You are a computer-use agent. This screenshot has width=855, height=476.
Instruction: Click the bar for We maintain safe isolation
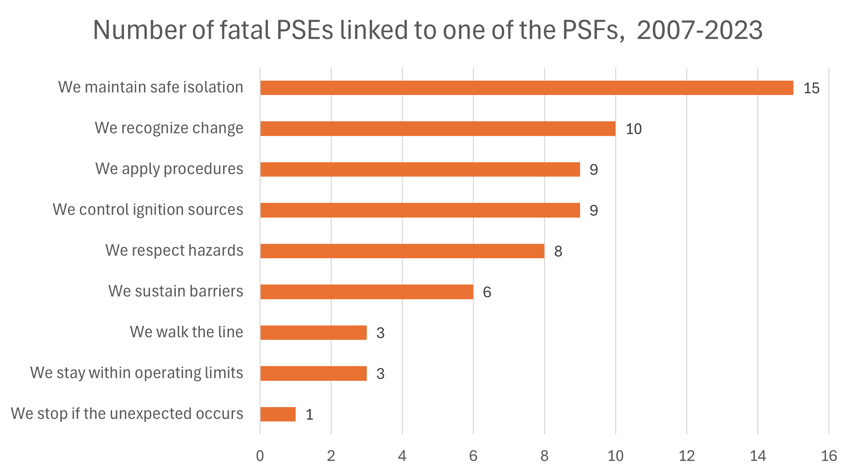coord(526,88)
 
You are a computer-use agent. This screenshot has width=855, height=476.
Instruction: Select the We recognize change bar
coord(437,129)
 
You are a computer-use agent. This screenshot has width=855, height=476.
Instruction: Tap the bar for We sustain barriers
coord(366,292)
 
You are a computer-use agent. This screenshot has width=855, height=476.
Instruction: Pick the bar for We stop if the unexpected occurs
coord(278,414)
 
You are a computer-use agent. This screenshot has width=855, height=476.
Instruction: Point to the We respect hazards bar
coord(402,251)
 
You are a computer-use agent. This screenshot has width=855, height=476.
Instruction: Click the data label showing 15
coord(811,88)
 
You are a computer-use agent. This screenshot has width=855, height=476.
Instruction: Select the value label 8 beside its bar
coord(558,251)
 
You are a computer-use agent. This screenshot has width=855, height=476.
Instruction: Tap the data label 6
coord(487,292)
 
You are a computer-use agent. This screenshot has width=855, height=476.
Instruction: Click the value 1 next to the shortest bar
coord(309,415)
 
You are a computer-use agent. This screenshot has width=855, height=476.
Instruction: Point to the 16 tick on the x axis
coord(829,456)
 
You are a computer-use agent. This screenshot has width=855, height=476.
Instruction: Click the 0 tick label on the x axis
coord(260,456)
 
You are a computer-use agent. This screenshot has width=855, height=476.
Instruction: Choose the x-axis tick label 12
coord(687,456)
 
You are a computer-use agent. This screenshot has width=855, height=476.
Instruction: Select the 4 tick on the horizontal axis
coord(402,456)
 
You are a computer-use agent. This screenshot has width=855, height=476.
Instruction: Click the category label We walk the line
coord(186,332)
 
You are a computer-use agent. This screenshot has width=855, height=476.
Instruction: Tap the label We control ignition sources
coord(148,209)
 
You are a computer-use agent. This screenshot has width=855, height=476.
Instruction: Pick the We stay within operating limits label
coord(137,373)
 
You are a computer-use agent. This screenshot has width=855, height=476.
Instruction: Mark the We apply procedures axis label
coord(169,169)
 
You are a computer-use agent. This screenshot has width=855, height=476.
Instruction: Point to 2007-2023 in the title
coord(699,30)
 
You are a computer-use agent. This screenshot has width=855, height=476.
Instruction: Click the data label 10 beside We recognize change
coord(634,129)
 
